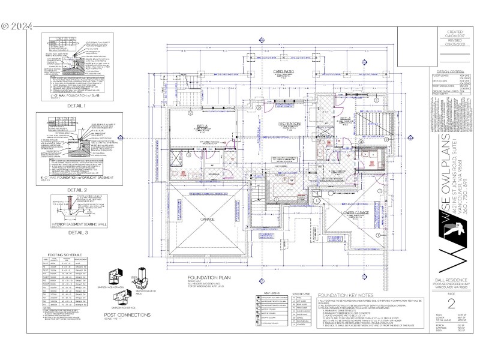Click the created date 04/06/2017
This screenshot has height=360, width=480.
(455, 35)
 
